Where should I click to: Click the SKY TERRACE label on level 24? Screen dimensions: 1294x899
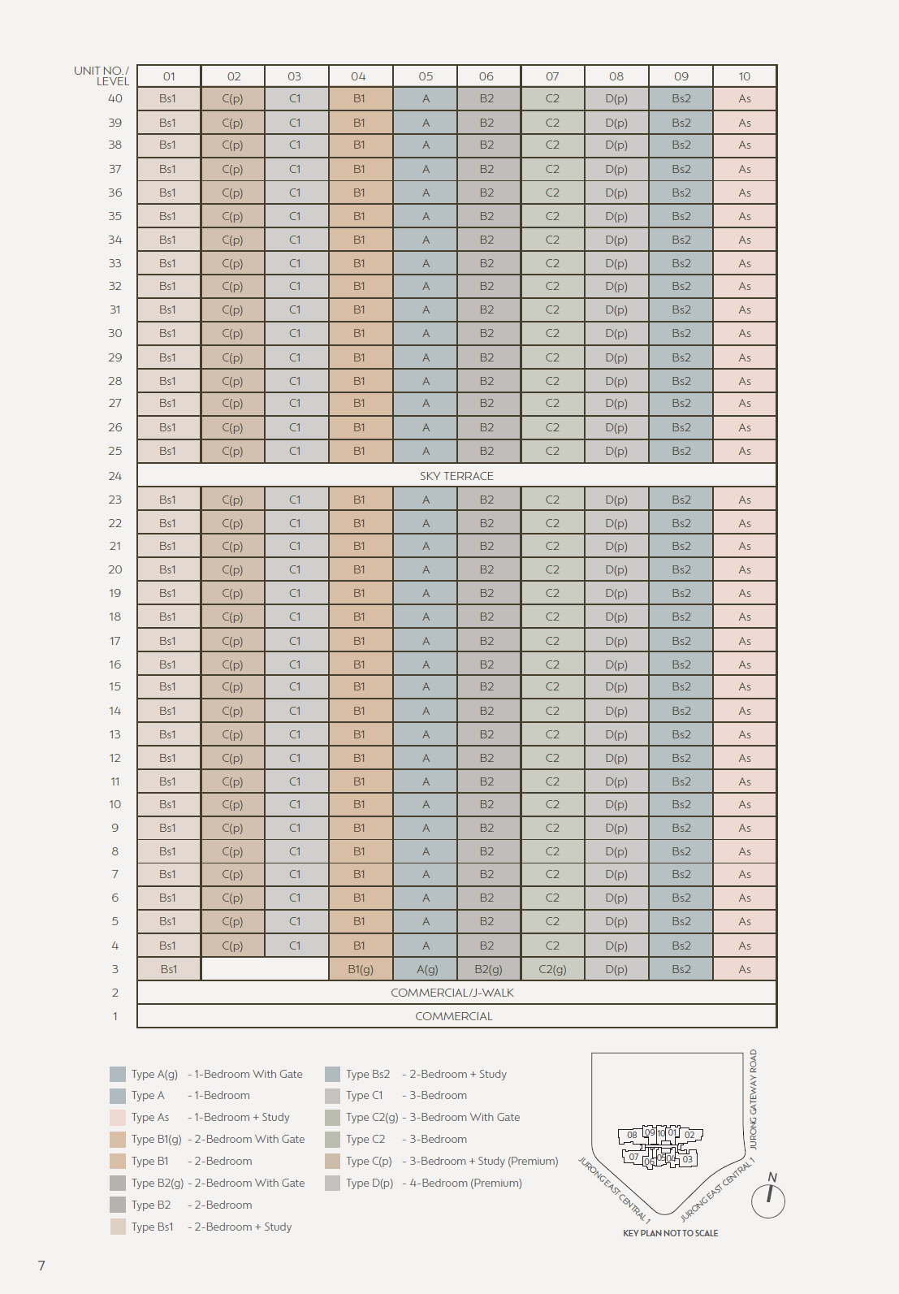point(456,476)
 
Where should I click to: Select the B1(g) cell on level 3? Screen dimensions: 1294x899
point(361,969)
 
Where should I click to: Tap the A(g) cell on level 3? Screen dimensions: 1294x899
point(427,969)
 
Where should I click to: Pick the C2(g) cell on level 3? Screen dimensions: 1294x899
point(552,969)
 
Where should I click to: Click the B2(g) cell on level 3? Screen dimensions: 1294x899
point(488,969)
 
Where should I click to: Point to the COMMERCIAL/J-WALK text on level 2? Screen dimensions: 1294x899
point(452,993)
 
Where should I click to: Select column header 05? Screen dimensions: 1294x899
point(426,76)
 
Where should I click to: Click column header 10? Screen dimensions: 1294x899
point(744,76)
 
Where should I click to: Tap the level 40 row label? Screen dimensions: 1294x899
point(115,98)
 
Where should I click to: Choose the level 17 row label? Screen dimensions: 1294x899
point(115,641)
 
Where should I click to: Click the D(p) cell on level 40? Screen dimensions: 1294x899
point(616,99)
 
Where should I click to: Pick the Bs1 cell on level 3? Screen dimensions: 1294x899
point(169,969)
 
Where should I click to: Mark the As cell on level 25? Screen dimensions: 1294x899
point(745,452)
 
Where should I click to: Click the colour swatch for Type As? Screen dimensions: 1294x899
point(118,1118)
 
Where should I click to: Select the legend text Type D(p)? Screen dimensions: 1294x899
point(370,1184)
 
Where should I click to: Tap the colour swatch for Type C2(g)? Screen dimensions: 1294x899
point(332,1118)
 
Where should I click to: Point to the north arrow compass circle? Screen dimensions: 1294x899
point(768,1201)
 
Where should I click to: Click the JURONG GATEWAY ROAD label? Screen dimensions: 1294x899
point(753,1099)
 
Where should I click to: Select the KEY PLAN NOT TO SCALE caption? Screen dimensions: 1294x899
point(670,1233)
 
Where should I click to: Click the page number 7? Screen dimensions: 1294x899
point(41,1266)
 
